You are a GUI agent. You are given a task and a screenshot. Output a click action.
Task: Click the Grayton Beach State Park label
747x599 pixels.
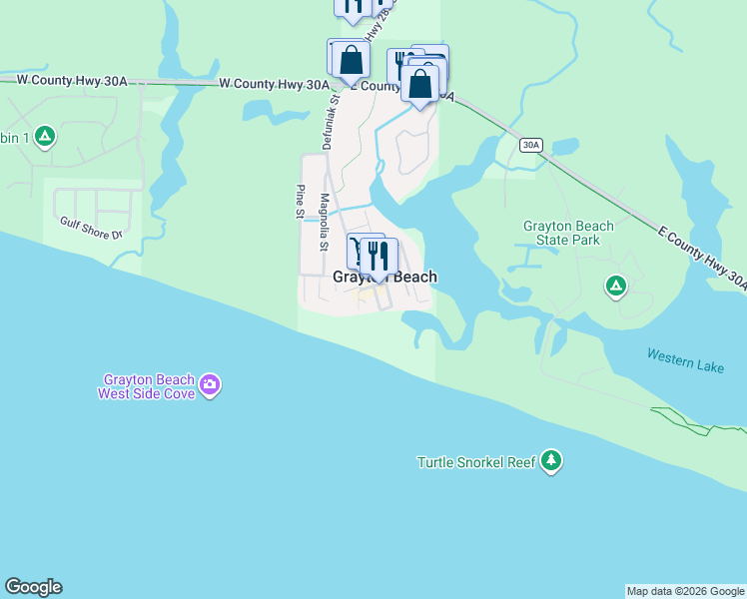click(x=568, y=233)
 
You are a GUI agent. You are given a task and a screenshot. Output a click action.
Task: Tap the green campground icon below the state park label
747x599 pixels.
click(x=616, y=288)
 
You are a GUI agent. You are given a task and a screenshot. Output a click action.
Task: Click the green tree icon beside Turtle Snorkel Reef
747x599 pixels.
click(x=551, y=461)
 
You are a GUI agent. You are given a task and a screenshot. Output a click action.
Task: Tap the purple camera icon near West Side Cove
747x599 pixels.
click(x=210, y=384)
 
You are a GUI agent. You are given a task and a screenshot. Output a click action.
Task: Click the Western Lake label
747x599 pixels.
click(x=685, y=360)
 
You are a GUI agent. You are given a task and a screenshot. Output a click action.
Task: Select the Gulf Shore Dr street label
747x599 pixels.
click(x=90, y=228)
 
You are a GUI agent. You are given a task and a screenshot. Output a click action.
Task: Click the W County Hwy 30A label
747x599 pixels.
click(x=272, y=85)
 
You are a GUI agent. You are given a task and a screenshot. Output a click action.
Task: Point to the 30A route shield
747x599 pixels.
click(x=531, y=146)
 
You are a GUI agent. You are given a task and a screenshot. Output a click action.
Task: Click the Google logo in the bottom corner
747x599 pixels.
click(x=33, y=587)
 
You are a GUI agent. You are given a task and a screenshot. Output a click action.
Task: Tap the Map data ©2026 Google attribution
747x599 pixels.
click(x=685, y=591)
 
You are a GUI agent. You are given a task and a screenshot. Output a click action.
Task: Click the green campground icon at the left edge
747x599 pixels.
click(x=44, y=136)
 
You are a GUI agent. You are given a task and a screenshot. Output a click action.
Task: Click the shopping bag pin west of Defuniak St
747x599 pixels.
click(x=351, y=61)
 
